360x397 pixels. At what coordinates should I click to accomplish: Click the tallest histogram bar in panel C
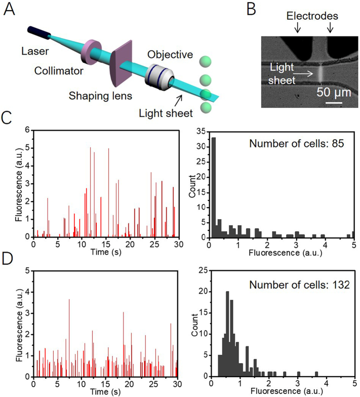(214, 187)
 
